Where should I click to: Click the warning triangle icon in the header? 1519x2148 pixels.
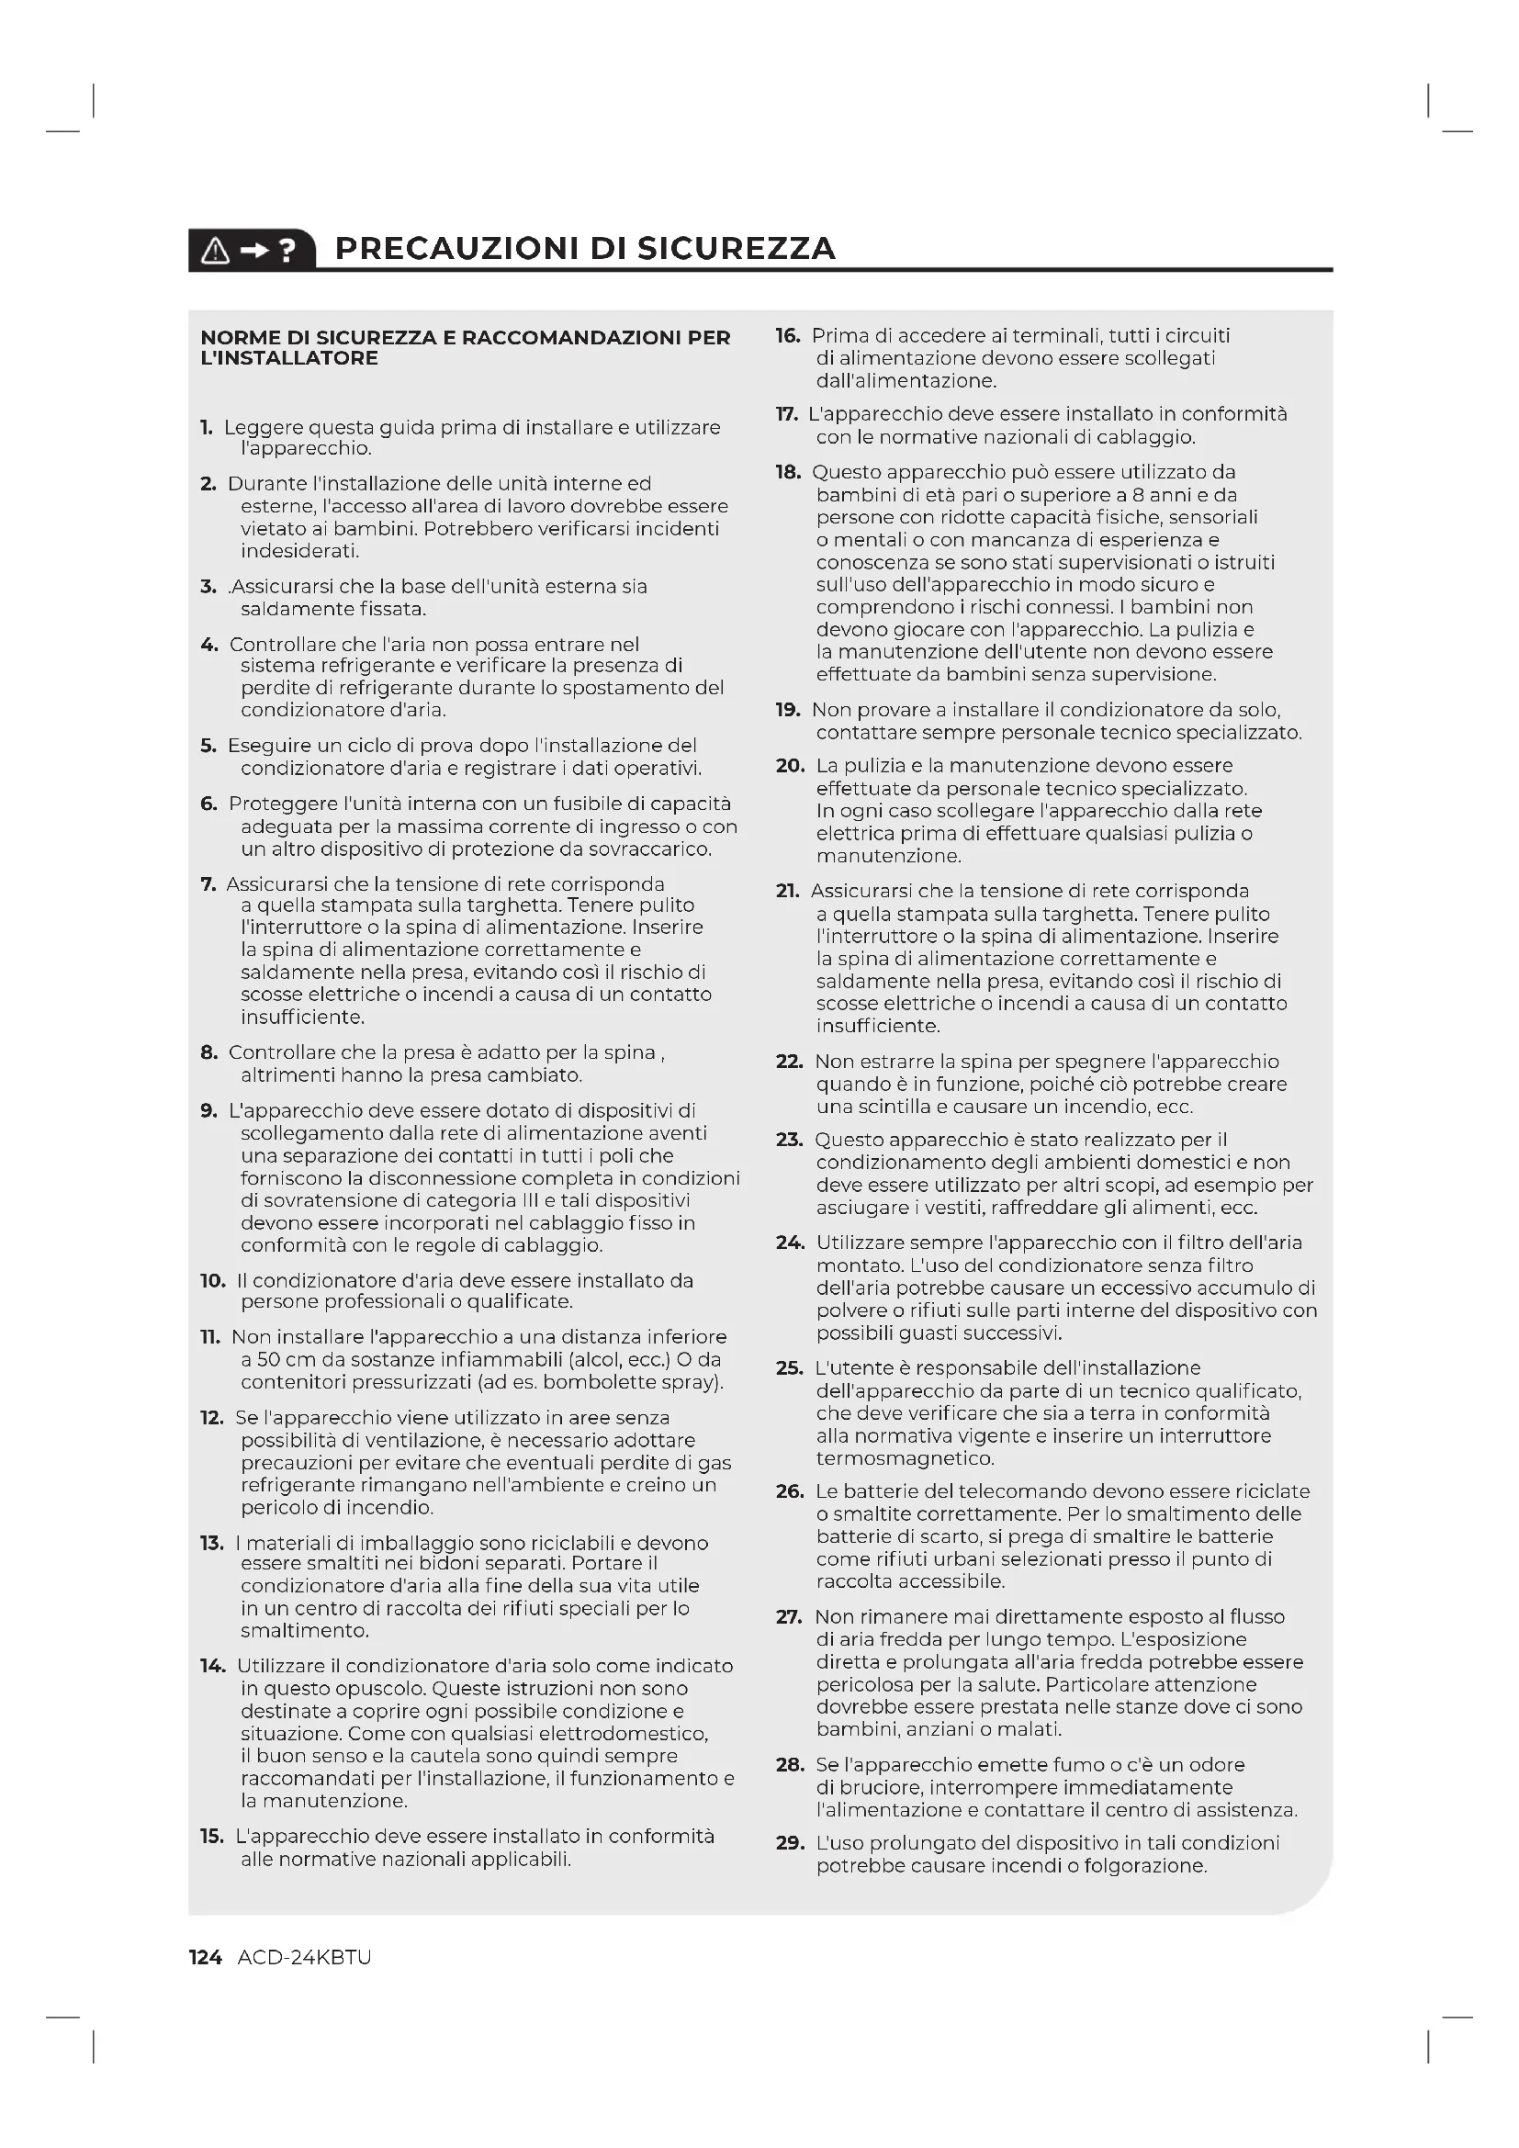215,250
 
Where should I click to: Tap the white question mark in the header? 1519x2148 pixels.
288,250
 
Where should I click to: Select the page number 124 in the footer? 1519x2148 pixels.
205,1957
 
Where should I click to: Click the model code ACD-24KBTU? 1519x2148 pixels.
304,1957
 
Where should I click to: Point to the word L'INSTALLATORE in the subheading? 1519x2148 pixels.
289,358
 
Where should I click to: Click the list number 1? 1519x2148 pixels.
207,428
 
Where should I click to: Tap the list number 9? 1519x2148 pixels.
208,1110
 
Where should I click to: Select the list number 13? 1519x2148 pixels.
211,1543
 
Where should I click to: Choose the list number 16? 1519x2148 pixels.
788,335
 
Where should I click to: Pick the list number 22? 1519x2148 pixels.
790,1061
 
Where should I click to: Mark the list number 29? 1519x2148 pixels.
791,1842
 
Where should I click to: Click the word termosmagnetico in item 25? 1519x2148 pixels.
905,1458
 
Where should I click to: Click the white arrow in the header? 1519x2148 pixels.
253,250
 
